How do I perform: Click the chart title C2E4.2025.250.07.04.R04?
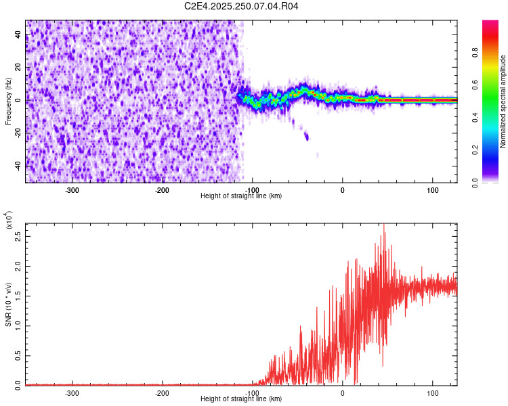tap(242, 6)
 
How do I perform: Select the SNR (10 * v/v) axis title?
tap(9, 304)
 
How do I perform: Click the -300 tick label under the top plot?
tap(72, 189)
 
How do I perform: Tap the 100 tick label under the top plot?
tap(432, 189)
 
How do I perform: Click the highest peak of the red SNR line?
tap(384, 225)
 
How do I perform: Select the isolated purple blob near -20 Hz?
tap(307, 137)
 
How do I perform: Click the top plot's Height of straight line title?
tap(241, 196)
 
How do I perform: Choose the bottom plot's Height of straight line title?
tap(241, 399)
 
